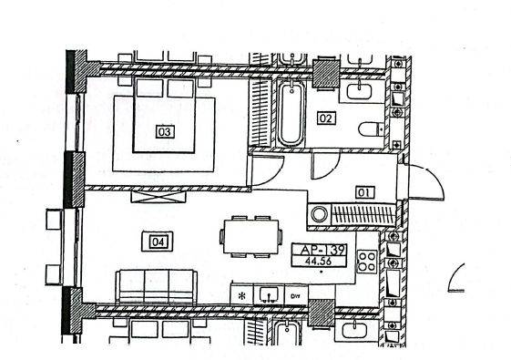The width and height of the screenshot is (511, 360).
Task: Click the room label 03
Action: pyautogui.click(x=165, y=132)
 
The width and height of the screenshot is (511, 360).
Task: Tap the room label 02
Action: pyautogui.click(x=326, y=118)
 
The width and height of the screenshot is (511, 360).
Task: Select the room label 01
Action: pyautogui.click(x=364, y=192)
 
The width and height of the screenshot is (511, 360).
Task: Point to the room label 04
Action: pyautogui.click(x=158, y=242)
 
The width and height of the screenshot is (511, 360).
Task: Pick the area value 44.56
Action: pyautogui.click(x=318, y=262)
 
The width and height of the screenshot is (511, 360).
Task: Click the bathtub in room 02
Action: pyautogui.click(x=291, y=113)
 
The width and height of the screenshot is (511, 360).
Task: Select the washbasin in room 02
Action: pyautogui.click(x=359, y=90)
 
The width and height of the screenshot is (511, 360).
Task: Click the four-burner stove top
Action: pyautogui.click(x=367, y=262)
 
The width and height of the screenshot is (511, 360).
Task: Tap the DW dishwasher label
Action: pyautogui.click(x=295, y=296)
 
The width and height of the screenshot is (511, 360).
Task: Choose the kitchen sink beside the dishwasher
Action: pyautogui.click(x=269, y=294)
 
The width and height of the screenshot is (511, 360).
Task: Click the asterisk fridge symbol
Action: pyautogui.click(x=241, y=296)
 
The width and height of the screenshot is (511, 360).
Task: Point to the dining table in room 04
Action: pyautogui.click(x=250, y=236)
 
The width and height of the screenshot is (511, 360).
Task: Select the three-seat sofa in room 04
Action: pyautogui.click(x=157, y=286)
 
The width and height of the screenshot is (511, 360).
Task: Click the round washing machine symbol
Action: pyautogui.click(x=319, y=214)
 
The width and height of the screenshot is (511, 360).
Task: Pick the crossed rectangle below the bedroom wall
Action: pyautogui.click(x=158, y=197)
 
